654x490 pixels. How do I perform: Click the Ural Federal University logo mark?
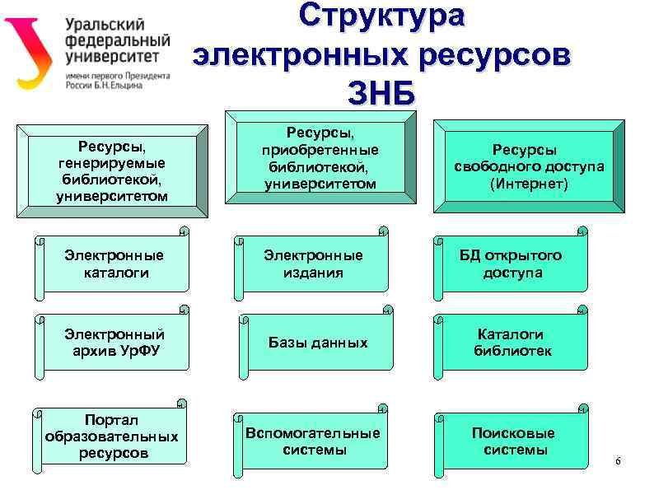pos(31,51)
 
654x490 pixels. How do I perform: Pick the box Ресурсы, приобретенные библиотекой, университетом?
pos(320,159)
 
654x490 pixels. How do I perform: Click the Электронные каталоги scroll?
pos(114,264)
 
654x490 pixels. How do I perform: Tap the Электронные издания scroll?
pos(313,264)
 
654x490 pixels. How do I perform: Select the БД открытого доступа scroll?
pos(512,264)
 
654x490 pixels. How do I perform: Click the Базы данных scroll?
pos(317,343)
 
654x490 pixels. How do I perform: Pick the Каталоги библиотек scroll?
pos(512,343)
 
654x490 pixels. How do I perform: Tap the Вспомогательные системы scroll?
pos(313,441)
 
